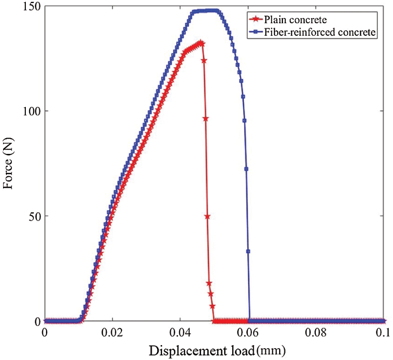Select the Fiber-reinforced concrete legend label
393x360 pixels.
click(319, 32)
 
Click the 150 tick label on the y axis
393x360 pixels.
click(32, 7)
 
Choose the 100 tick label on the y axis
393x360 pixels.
click(32, 111)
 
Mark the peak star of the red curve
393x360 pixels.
click(201, 43)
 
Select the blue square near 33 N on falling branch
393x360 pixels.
click(248, 251)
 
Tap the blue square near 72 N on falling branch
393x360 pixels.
click(246, 169)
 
